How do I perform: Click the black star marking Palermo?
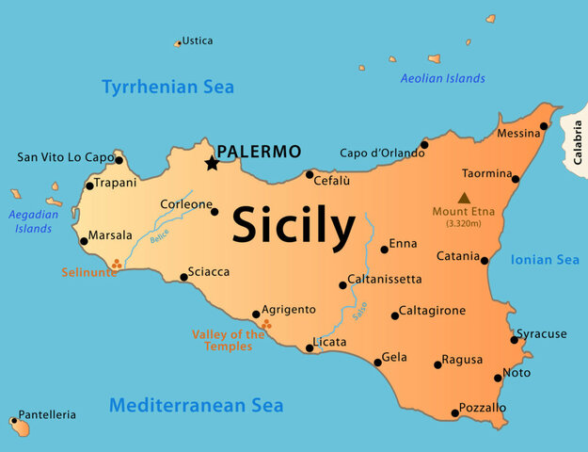(x=213, y=164)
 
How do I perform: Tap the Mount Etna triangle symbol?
(x=463, y=198)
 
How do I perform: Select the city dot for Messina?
(x=544, y=125)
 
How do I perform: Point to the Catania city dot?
(x=485, y=260)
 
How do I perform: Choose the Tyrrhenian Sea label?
(x=167, y=88)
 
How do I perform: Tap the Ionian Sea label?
(x=545, y=260)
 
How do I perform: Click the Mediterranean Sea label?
(x=196, y=406)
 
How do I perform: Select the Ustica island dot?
(x=178, y=43)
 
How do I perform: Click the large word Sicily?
(x=294, y=225)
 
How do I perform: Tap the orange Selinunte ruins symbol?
(x=116, y=265)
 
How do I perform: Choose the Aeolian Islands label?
(x=442, y=79)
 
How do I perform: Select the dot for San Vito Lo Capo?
(x=119, y=160)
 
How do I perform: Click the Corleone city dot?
(x=215, y=211)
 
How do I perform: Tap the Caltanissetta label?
(x=385, y=280)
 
